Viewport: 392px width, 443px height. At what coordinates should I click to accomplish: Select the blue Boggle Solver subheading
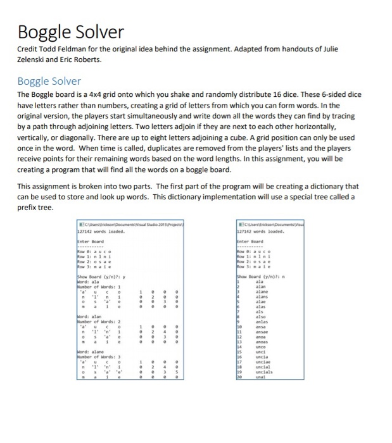pos(49,81)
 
